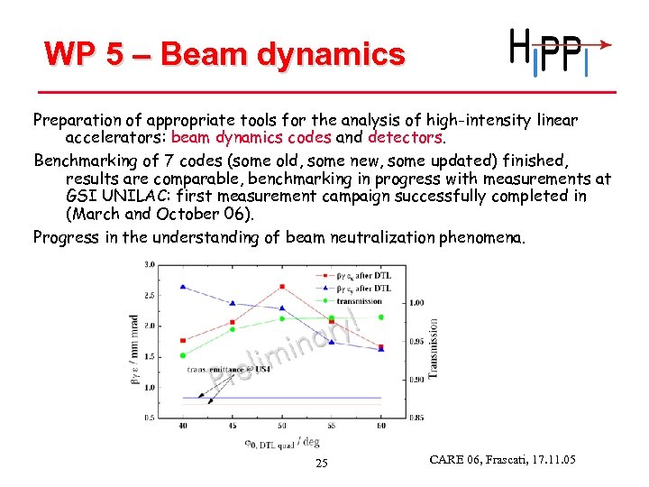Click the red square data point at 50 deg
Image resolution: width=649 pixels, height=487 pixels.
[282, 287]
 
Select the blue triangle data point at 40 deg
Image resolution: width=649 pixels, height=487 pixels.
[183, 287]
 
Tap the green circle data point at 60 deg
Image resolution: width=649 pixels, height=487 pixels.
[380, 317]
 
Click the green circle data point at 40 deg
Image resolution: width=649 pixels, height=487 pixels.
[183, 355]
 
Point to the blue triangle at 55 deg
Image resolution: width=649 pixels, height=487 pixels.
[332, 342]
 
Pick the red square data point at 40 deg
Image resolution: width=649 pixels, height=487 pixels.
[183, 340]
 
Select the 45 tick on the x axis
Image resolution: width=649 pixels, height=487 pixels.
[233, 426]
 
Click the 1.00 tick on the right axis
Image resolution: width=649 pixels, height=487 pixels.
[416, 303]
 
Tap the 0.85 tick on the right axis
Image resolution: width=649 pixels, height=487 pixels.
[416, 418]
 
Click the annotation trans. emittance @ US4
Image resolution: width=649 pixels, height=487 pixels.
[228, 369]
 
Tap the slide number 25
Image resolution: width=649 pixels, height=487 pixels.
[322, 464]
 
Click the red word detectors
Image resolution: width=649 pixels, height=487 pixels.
[405, 139]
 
